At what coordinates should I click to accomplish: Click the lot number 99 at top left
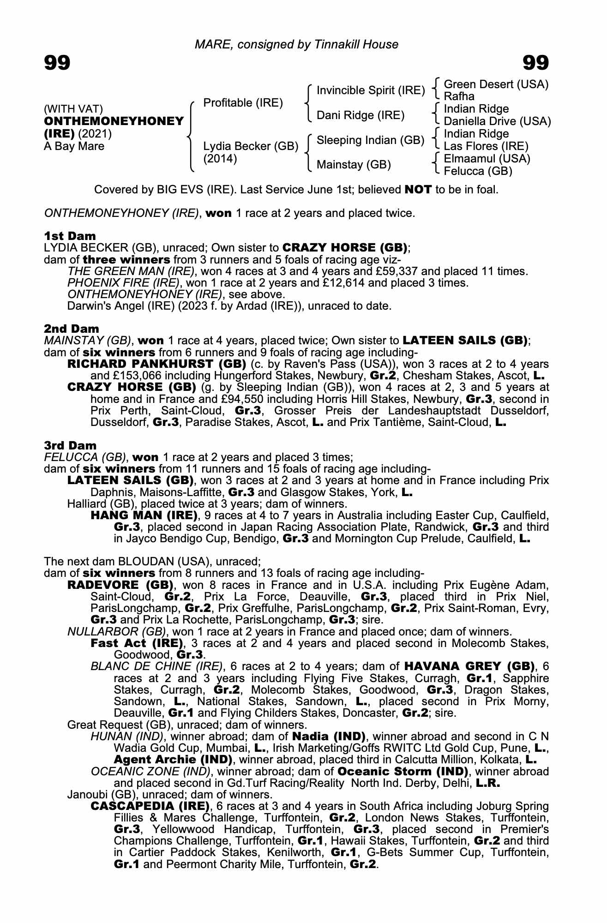pyautogui.click(x=57, y=62)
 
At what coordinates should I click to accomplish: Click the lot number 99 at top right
pyautogui.click(x=535, y=62)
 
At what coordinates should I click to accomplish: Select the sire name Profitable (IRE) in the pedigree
pyautogui.click(x=243, y=102)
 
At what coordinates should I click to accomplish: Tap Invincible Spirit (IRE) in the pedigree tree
pyautogui.click(x=371, y=90)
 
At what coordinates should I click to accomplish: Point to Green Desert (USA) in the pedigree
pyautogui.click(x=496, y=84)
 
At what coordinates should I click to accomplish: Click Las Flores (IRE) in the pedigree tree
pyautogui.click(x=486, y=146)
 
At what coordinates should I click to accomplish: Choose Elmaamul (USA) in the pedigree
pyautogui.click(x=487, y=159)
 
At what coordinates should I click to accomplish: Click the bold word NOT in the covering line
pyautogui.click(x=418, y=190)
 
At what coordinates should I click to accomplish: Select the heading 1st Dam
pyautogui.click(x=70, y=236)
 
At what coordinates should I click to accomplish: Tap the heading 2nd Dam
pyautogui.click(x=71, y=329)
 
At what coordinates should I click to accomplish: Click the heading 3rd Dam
pyautogui.click(x=70, y=445)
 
